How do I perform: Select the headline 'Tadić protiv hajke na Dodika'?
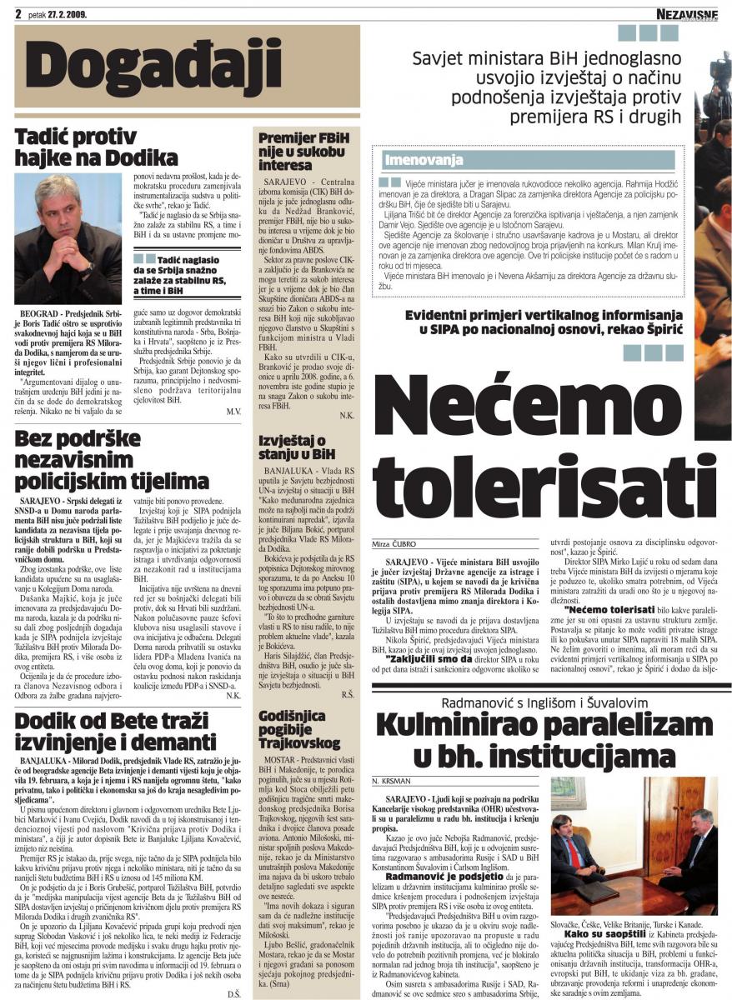pos(97,147)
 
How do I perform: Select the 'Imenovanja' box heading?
pos(424,159)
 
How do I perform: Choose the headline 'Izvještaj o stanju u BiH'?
pos(292,445)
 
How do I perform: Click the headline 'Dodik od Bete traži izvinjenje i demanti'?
pos(116,731)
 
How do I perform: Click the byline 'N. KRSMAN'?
pos(393,782)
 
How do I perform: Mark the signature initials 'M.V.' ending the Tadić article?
pos(233,411)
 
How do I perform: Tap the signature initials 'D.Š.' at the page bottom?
pos(233,993)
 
